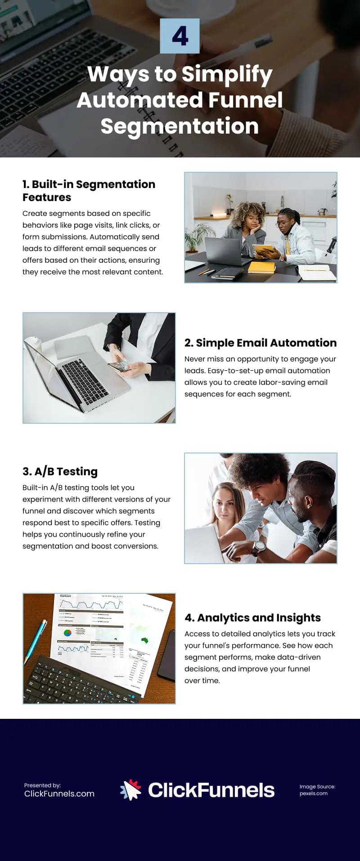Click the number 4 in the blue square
pyautogui.click(x=180, y=36)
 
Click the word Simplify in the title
pyautogui.click(x=227, y=74)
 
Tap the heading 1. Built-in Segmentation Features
pyautogui.click(x=89, y=191)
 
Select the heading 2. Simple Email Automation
pyautogui.click(x=261, y=343)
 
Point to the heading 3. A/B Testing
pyautogui.click(x=60, y=471)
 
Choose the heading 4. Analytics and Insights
pyautogui.click(x=252, y=618)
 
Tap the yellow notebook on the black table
pyautogui.click(x=261, y=267)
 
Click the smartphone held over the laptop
pyautogui.click(x=119, y=367)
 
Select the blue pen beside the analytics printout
pyautogui.click(x=36, y=639)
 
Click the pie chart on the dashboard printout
pyautogui.click(x=67, y=633)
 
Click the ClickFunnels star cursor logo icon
pyautogui.click(x=131, y=790)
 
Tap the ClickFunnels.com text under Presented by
pyautogui.click(x=59, y=794)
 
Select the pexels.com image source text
pyautogui.click(x=313, y=794)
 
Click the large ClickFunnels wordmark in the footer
pyautogui.click(x=211, y=790)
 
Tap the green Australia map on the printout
pyautogui.click(x=144, y=640)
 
